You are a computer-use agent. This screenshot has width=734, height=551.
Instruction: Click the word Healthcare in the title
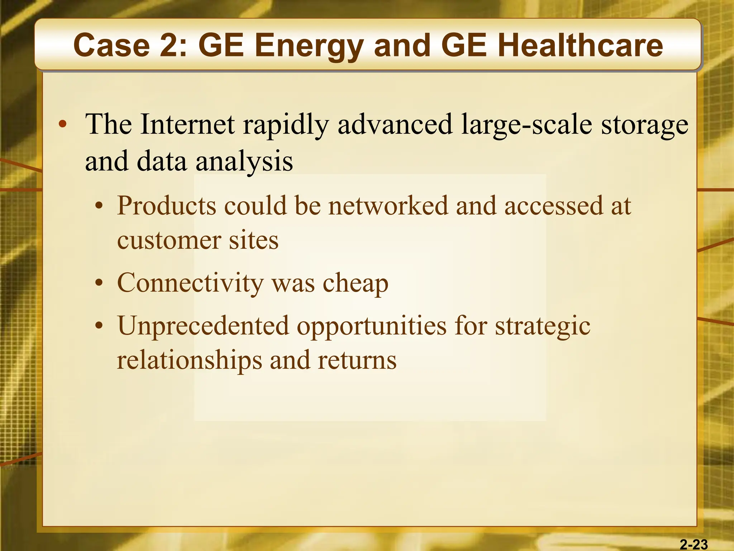[580, 46]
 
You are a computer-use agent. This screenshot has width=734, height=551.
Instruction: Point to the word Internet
[187, 124]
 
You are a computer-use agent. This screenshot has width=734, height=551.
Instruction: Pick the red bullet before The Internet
[63, 124]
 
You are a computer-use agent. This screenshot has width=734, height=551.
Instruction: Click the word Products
[167, 206]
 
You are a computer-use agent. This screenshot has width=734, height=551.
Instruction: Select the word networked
[388, 206]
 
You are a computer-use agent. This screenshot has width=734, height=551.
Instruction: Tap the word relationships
[190, 361]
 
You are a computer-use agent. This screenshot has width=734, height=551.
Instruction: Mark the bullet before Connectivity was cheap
[99, 284]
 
